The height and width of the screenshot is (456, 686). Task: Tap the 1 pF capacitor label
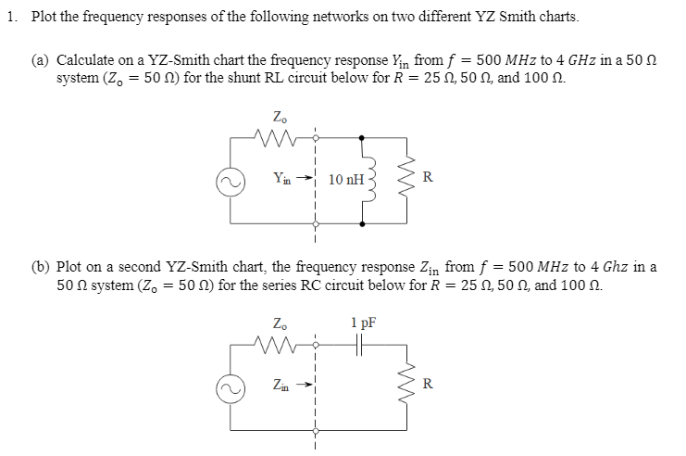click(363, 323)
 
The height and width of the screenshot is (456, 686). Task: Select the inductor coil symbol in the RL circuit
click(368, 177)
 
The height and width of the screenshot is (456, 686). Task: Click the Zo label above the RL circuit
click(279, 118)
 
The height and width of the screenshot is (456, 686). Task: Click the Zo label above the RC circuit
click(279, 323)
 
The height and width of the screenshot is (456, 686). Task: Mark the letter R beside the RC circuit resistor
click(425, 382)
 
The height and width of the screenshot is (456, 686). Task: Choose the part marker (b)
click(41, 266)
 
